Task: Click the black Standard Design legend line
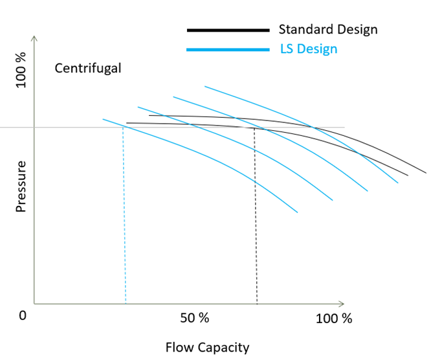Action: click(228, 30)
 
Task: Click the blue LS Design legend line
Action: click(228, 50)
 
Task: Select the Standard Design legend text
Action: click(327, 29)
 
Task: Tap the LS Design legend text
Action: click(308, 49)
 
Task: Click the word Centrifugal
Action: click(87, 68)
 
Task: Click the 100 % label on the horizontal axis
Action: click(334, 319)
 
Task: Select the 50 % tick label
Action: click(195, 318)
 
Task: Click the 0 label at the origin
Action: click(23, 316)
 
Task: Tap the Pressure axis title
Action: click(21, 186)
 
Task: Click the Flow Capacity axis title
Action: click(207, 348)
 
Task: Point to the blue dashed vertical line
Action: click(124, 214)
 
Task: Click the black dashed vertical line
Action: click(256, 214)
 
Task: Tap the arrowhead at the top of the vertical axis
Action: click(34, 39)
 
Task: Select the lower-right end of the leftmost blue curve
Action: click(297, 212)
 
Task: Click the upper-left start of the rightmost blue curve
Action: click(204, 85)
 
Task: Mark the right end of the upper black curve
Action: click(426, 173)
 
